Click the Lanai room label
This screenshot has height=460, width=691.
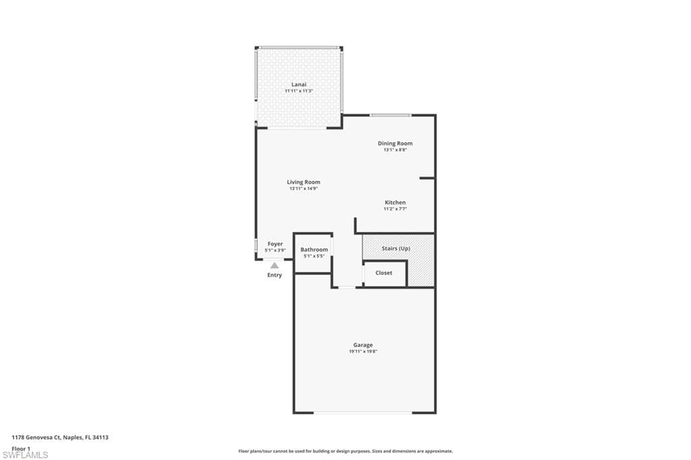[298, 84]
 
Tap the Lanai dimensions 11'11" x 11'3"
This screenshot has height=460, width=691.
[298, 90]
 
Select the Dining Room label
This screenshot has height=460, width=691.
[395, 143]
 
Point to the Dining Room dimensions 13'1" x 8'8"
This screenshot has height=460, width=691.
[395, 150]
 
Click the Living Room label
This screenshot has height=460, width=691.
[303, 182]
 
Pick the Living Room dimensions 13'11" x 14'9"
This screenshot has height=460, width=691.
[303, 189]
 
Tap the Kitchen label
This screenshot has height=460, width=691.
[395, 202]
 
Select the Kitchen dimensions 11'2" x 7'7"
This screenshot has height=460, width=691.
[395, 209]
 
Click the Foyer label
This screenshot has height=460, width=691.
[275, 243]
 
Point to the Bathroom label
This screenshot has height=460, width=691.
[314, 250]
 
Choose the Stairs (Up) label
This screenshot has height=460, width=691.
[395, 248]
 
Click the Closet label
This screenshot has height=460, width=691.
[383, 273]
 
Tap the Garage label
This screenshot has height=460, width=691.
[363, 345]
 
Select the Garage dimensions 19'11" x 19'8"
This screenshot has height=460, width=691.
[363, 351]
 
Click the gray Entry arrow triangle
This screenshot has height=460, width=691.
[275, 266]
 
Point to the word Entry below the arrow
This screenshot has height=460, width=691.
[275, 275]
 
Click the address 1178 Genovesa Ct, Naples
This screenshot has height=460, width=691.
[60, 437]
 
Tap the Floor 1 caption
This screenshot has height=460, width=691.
[21, 448]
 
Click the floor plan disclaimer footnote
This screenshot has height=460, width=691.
[345, 451]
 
